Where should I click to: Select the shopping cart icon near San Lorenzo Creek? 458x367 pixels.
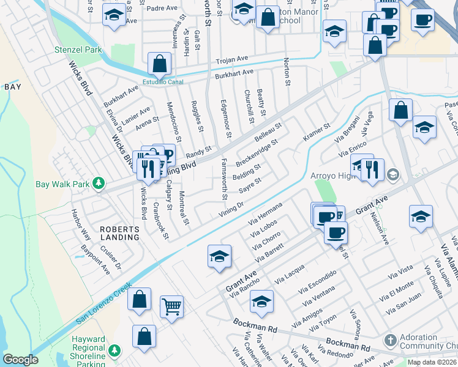point(171,306)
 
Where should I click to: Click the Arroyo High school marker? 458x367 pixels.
point(392,175)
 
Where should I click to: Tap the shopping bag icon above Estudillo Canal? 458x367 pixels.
point(159,63)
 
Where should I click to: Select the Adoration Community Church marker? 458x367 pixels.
point(389,339)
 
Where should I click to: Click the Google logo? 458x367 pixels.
point(20,360)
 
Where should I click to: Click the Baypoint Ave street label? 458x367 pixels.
point(94,259)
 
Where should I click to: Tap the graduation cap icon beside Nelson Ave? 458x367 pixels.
point(421,217)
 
